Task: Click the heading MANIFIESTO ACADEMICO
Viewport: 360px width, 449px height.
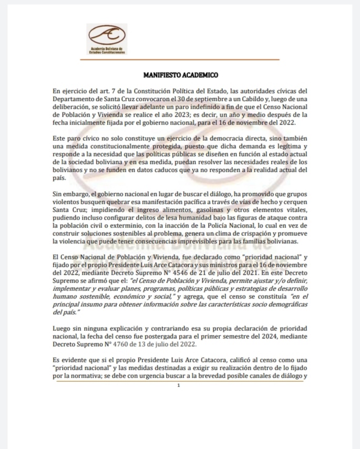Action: click(180, 76)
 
